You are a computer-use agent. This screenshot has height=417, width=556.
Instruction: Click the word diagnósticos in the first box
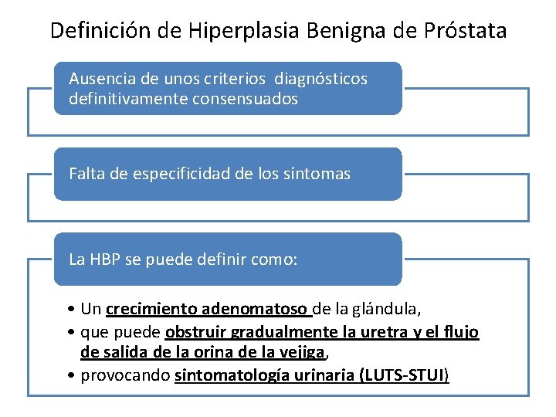coord(324,79)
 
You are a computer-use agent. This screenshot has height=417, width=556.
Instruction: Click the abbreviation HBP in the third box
coord(105,259)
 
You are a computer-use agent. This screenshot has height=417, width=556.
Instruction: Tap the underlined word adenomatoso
coord(256,310)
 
